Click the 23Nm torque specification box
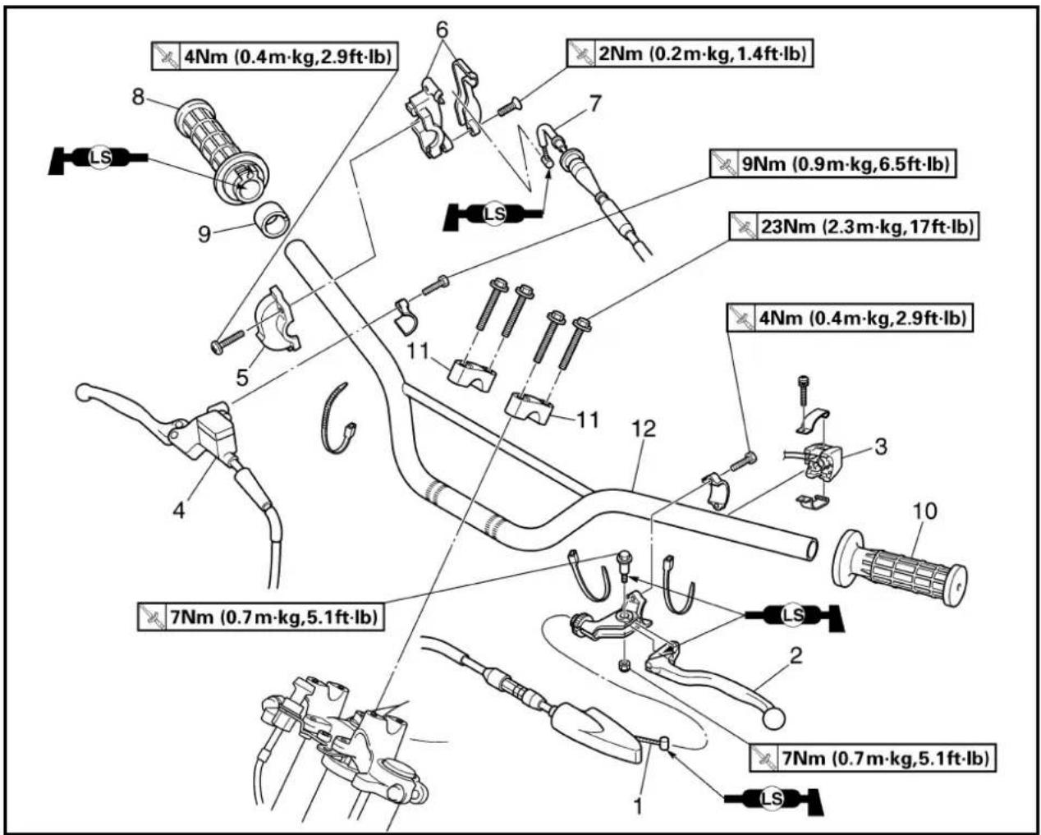point(854,226)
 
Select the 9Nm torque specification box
point(833,164)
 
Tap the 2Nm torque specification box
point(690,53)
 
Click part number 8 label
point(139,97)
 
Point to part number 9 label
point(204,234)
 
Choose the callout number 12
point(644,429)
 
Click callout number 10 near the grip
point(924,512)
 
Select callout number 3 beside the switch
point(882,447)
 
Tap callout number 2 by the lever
point(796,655)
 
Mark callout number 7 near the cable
point(594,103)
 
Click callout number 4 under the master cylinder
point(178,510)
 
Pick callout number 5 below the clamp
point(242,377)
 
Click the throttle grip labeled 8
point(222,151)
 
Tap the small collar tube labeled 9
point(273,220)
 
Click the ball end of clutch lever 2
point(773,718)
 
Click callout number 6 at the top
point(442,30)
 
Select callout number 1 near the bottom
point(638,806)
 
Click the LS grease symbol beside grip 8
point(99,158)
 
